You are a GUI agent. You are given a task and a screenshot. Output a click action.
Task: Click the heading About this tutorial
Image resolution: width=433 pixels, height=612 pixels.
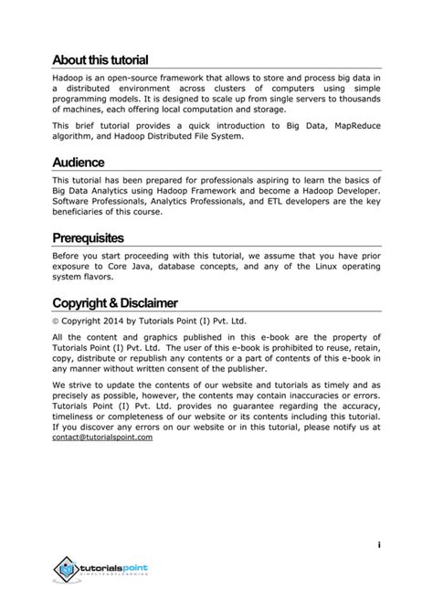(100, 61)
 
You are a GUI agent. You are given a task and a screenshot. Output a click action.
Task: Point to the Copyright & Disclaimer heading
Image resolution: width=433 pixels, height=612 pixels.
(115, 302)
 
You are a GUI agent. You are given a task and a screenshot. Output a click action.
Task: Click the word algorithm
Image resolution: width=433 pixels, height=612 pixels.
(74, 137)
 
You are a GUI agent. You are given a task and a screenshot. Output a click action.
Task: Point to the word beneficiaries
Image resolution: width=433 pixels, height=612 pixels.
(85, 212)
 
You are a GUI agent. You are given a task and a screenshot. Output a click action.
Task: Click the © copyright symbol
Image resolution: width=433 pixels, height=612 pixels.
(56, 322)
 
